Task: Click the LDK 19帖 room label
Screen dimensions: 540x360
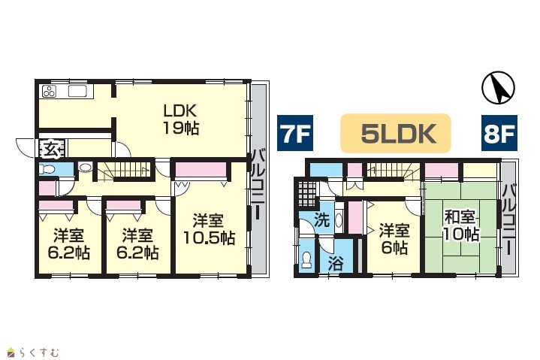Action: (x=180, y=119)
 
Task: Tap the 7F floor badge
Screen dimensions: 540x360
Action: (x=295, y=133)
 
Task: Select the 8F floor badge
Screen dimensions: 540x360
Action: (x=499, y=133)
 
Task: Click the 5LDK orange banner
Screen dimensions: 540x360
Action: (x=395, y=133)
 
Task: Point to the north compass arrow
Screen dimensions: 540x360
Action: (x=499, y=87)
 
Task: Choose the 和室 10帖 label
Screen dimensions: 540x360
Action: (x=460, y=226)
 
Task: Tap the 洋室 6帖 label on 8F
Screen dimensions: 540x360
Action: (x=394, y=239)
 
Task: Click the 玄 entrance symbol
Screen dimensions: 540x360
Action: (x=52, y=149)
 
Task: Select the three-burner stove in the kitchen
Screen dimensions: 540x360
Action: (x=50, y=91)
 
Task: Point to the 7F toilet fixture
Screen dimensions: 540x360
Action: (x=47, y=169)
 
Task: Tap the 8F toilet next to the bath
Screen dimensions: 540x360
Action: (x=306, y=260)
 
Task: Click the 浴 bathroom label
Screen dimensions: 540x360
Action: (x=336, y=264)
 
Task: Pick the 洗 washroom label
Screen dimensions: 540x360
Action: (x=322, y=219)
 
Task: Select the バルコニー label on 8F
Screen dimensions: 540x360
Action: (x=509, y=219)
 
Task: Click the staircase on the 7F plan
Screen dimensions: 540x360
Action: (x=125, y=170)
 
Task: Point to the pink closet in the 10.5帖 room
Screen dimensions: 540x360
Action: (x=201, y=170)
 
